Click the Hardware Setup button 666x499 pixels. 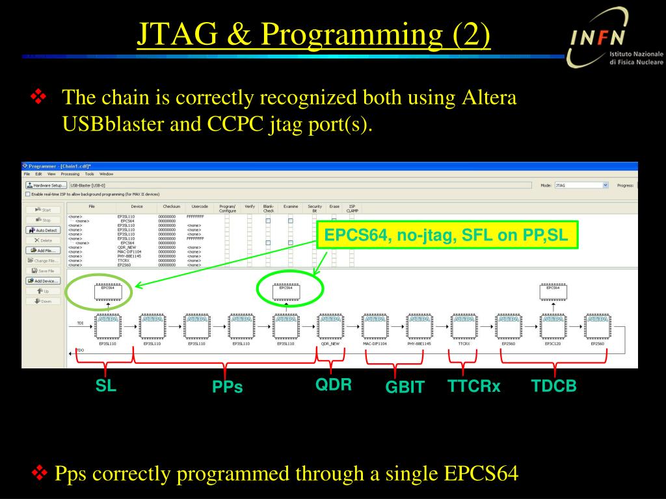coord(46,185)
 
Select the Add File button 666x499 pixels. coord(44,250)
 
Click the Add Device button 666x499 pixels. coord(44,281)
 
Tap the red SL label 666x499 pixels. coord(106,386)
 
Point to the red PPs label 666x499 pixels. coord(227,387)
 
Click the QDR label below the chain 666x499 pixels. coord(334,385)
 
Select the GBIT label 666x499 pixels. coord(405,387)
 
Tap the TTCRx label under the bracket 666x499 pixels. coord(474,387)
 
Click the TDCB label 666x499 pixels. coord(553,386)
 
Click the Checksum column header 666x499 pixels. coord(172,206)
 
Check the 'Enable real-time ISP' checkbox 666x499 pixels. coord(27,194)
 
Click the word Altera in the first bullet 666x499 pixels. coord(488,98)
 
